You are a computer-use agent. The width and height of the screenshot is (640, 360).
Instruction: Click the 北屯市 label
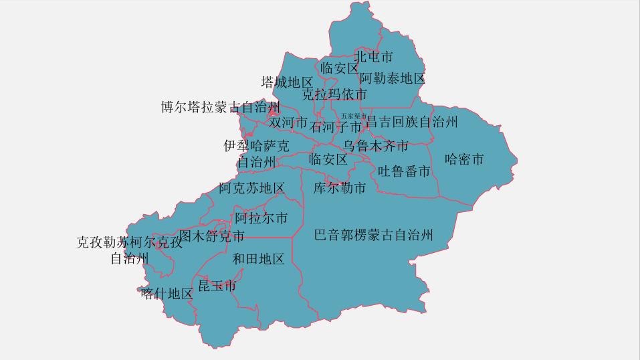coord(373,57)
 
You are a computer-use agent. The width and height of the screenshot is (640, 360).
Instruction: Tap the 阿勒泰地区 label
coord(392,79)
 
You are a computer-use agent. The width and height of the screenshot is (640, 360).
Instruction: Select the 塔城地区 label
coord(286,82)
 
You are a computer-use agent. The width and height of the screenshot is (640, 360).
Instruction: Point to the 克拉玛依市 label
coord(334,94)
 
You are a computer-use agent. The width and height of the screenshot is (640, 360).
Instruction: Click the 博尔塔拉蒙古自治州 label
coord(220,107)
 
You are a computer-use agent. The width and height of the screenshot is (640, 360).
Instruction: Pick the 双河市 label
coord(288,123)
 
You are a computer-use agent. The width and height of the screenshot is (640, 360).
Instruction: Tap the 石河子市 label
coord(336,126)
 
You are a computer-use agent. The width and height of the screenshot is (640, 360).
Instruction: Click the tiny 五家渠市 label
coord(353,116)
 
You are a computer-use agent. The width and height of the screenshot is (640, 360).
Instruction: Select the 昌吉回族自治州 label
coord(411,122)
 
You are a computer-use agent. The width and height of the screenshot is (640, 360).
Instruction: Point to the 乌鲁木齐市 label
coord(375,145)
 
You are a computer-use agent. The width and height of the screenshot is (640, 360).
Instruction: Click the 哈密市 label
coord(464,159)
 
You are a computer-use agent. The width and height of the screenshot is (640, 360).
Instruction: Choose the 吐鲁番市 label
coord(404,171)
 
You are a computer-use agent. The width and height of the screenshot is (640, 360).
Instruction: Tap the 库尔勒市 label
coord(340,188)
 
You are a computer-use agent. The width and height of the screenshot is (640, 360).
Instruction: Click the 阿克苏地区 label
coord(251,188)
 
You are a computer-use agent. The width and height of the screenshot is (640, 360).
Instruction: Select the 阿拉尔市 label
coord(261,218)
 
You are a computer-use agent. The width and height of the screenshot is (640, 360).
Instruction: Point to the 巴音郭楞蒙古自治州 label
coord(374,235)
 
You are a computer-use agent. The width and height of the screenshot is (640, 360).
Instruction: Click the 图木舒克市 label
coord(211,236)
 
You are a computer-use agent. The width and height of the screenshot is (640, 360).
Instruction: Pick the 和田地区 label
coord(258,259)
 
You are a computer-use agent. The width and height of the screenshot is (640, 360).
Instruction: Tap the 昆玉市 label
coord(217,286)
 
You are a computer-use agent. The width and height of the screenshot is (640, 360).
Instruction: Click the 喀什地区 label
coord(167,294)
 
